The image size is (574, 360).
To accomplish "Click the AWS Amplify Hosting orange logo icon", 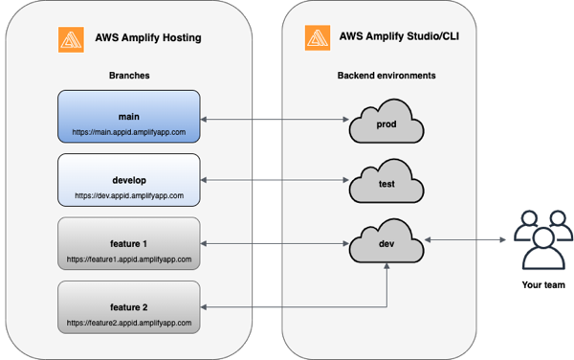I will (x=70, y=40).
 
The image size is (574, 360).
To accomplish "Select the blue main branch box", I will (x=128, y=116).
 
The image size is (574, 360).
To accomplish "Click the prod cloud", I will (x=386, y=122).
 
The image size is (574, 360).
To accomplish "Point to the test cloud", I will (x=386, y=184).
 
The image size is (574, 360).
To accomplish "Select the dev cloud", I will (x=386, y=244).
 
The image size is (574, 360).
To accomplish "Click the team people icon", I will (x=542, y=239).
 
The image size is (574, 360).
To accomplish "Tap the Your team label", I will (x=542, y=285).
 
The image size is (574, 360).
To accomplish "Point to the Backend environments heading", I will (x=386, y=74).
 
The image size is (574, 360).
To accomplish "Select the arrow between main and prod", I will (x=273, y=120).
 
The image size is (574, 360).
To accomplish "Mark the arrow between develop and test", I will (x=273, y=179).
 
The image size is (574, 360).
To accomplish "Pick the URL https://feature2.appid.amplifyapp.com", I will (x=128, y=322).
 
